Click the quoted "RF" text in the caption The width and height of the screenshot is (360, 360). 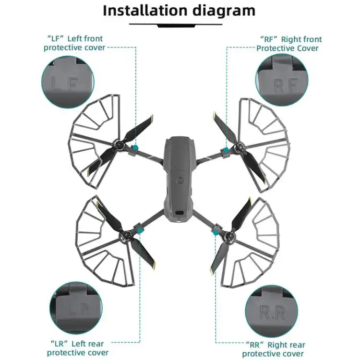269,39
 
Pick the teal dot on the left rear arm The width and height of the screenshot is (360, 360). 140,231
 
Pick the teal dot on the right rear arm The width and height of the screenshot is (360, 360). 216,232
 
